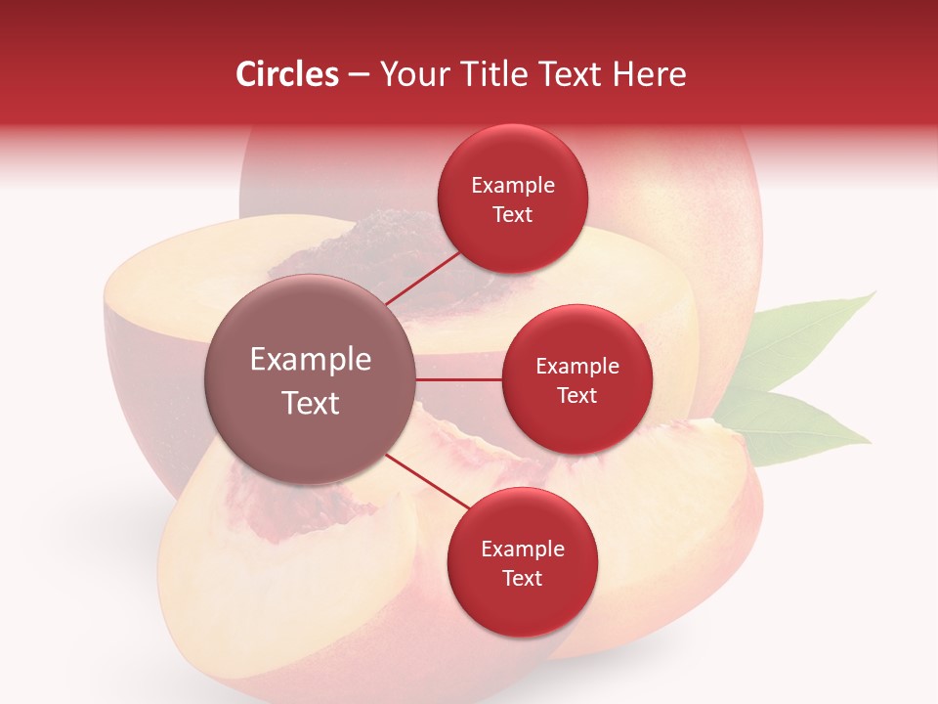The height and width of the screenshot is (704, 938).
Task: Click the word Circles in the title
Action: (286, 74)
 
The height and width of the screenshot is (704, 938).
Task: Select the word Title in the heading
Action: (506, 74)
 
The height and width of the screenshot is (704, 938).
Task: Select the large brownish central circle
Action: (311, 379)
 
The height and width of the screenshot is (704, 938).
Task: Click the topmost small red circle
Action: (513, 198)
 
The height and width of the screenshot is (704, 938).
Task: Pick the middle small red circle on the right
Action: (576, 379)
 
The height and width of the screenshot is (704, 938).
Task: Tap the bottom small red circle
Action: (522, 562)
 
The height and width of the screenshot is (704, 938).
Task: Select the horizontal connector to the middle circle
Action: (459, 379)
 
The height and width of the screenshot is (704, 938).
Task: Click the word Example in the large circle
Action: (311, 360)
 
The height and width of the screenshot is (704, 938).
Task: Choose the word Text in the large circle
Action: (311, 403)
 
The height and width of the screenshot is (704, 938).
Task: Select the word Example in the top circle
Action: (513, 185)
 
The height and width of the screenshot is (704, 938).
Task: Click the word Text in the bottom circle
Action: (522, 578)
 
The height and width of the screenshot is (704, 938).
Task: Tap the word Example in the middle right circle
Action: (576, 366)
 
